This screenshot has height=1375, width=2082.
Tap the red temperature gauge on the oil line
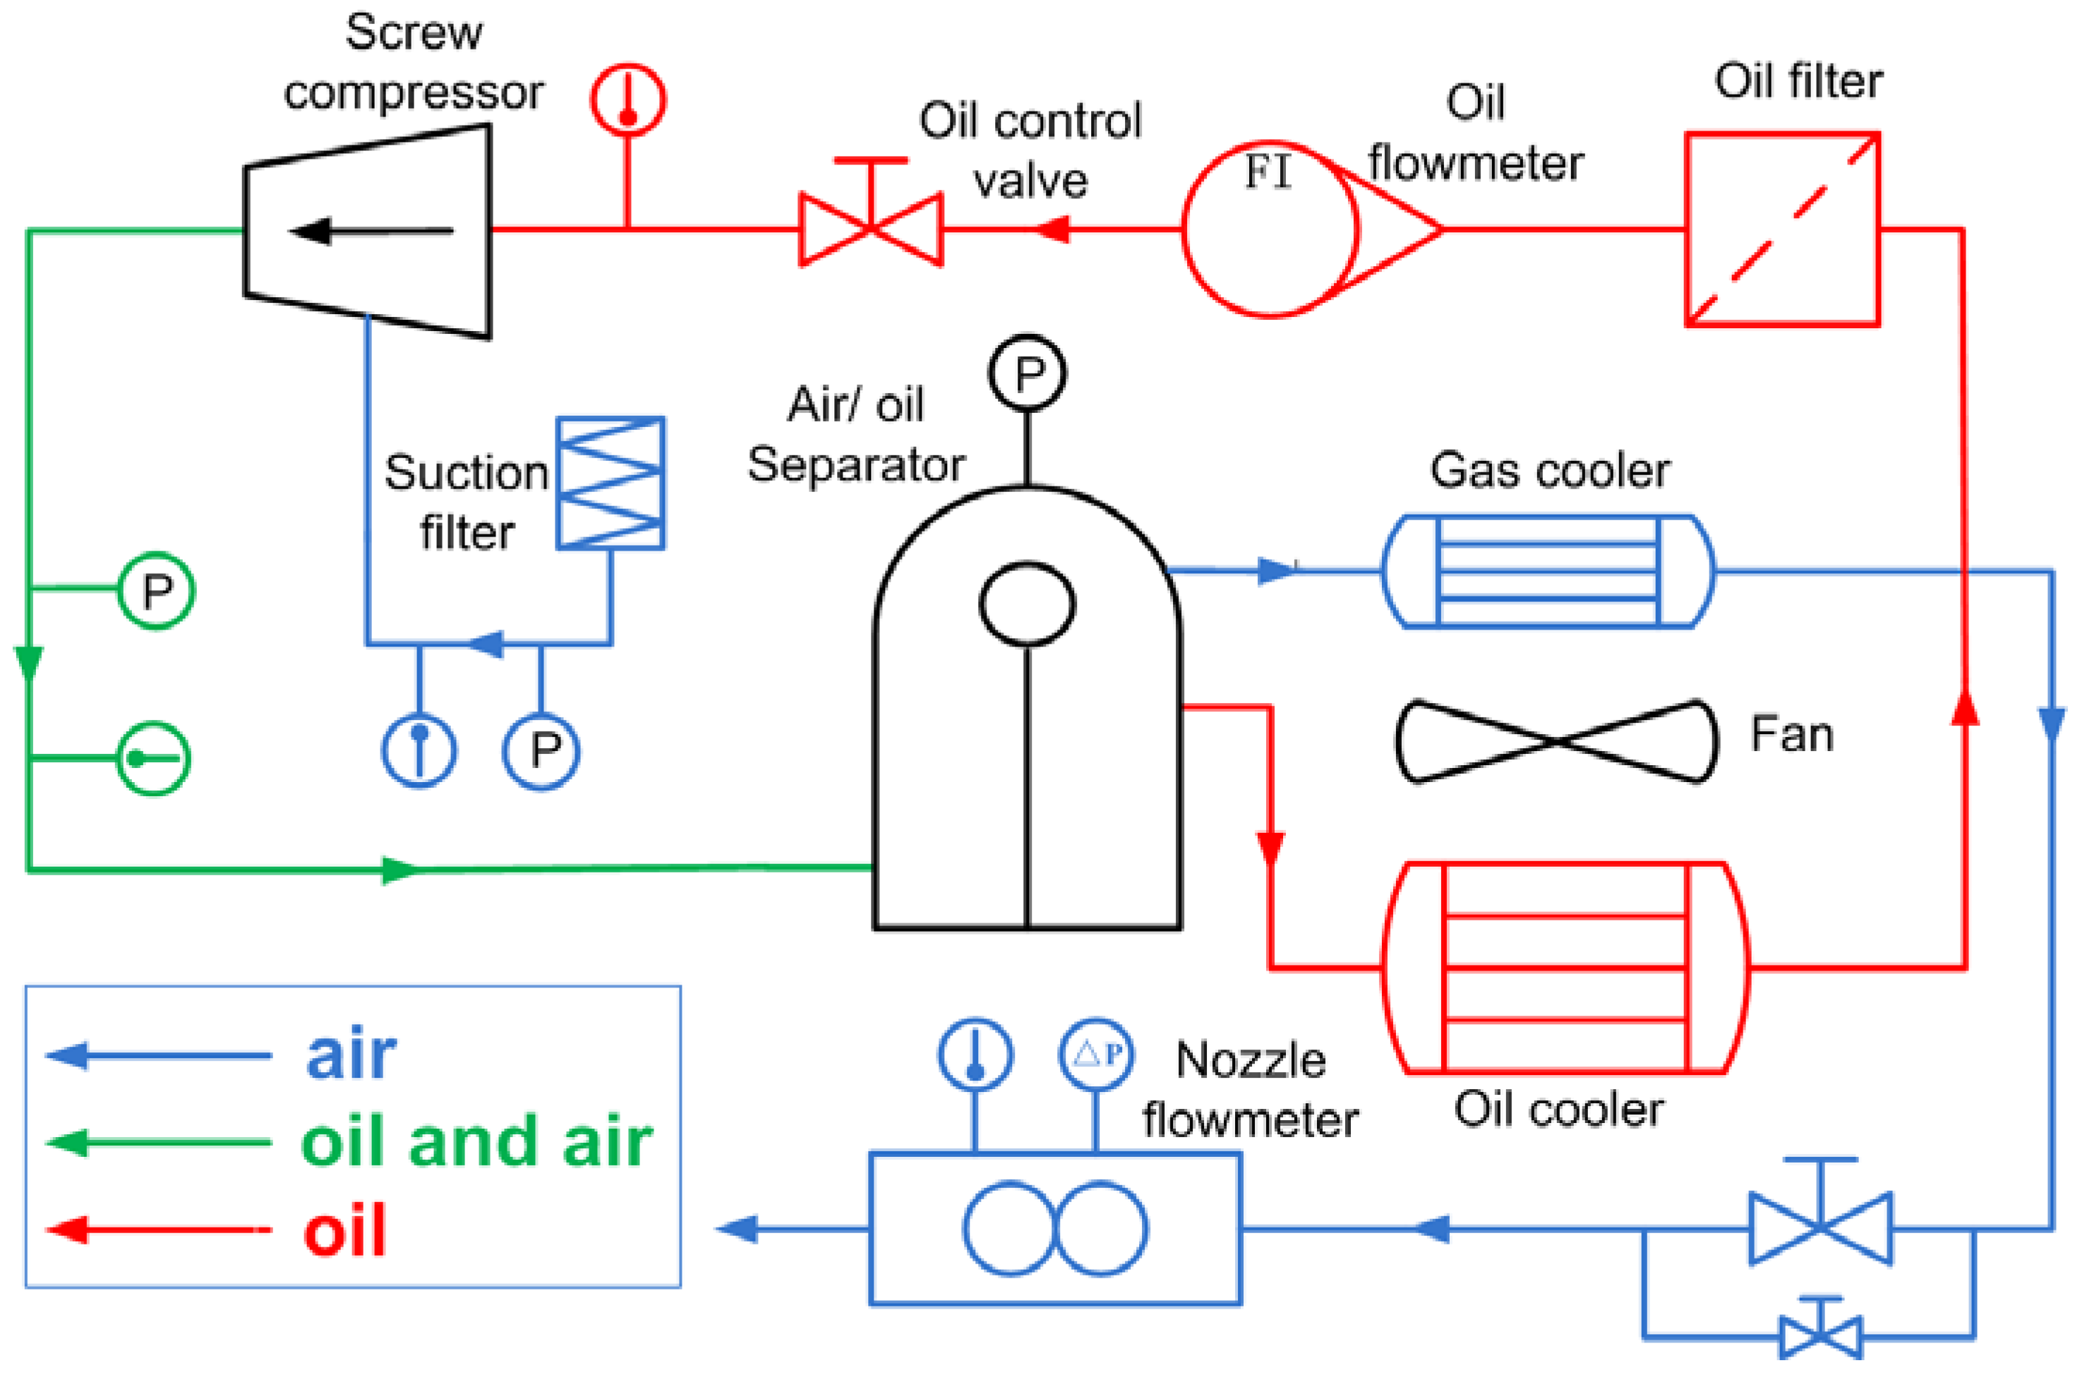click(627, 99)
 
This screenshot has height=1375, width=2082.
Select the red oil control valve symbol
click(870, 229)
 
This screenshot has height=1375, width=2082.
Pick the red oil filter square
click(1783, 229)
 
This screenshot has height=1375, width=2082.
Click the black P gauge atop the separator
click(1028, 373)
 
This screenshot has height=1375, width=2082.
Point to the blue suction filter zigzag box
click(611, 484)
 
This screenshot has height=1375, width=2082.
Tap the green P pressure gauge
click(156, 591)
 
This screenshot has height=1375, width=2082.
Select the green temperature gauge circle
click(153, 759)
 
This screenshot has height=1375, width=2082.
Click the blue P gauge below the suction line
click(541, 752)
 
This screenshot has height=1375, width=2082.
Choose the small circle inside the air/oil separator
click(1028, 605)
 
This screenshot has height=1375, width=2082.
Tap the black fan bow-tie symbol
click(1557, 742)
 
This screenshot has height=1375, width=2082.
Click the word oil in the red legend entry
click(344, 1231)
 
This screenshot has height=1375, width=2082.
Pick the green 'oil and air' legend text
click(476, 1143)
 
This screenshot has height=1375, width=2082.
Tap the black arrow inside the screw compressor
click(370, 232)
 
